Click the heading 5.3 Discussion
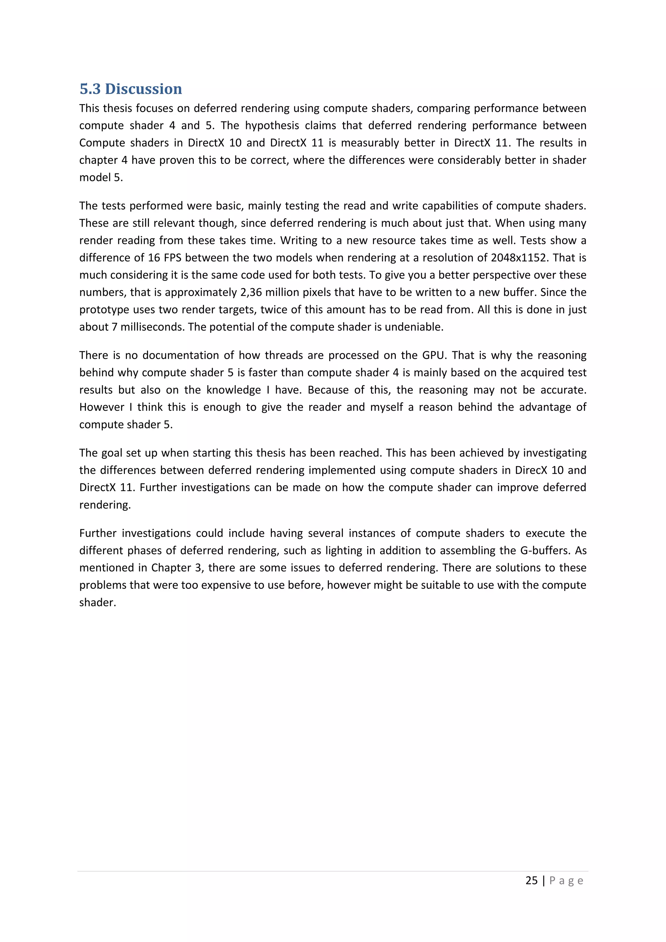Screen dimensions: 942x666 pyautogui.click(x=130, y=89)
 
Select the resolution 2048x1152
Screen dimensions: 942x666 pyautogui.click(x=518, y=258)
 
